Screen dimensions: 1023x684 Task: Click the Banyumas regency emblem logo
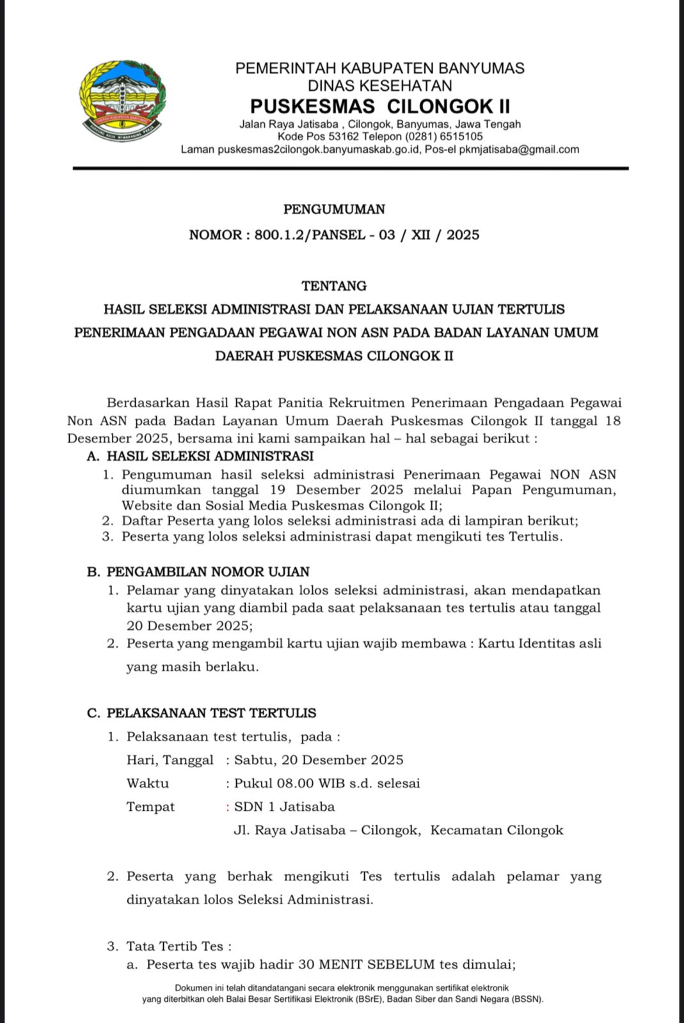click(x=122, y=100)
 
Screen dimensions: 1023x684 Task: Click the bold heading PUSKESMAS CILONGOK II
click(x=379, y=105)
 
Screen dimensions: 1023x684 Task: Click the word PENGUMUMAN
click(x=334, y=209)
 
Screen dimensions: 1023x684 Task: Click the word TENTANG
click(x=334, y=286)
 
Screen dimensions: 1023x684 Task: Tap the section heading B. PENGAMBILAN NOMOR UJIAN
click(x=198, y=572)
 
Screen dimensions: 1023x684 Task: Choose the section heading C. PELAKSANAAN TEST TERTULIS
click(x=202, y=713)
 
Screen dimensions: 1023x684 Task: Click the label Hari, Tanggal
click(x=170, y=760)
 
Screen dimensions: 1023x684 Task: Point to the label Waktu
click(x=148, y=783)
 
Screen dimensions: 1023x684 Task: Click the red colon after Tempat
click(x=228, y=807)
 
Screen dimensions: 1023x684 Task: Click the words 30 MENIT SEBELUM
click(x=366, y=965)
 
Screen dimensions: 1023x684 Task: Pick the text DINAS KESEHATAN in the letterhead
click(x=379, y=86)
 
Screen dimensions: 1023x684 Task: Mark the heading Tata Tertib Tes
click(x=175, y=946)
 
